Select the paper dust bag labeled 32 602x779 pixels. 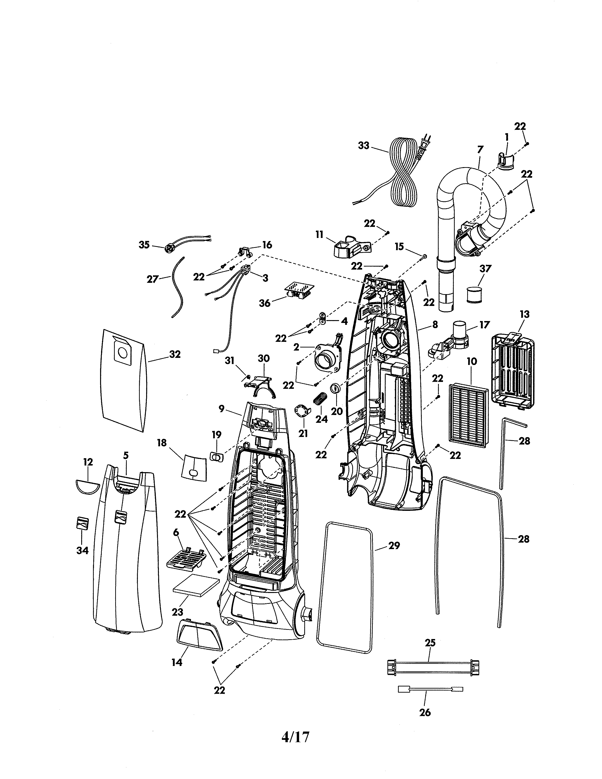click(123, 380)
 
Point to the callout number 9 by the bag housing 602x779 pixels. click(221, 409)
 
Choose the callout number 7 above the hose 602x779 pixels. click(480, 150)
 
